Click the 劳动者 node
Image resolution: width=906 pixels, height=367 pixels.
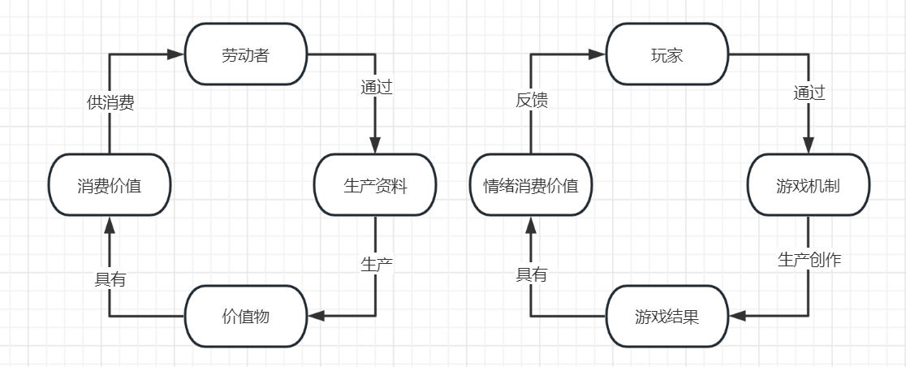click(245, 54)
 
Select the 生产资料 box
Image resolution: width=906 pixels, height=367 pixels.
click(375, 185)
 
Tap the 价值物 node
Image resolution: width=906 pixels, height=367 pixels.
click(245, 316)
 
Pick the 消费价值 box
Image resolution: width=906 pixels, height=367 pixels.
click(110, 185)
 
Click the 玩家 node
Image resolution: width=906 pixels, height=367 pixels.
click(667, 54)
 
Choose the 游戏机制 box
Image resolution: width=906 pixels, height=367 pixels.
click(808, 185)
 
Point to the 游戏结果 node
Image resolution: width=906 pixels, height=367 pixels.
click(667, 316)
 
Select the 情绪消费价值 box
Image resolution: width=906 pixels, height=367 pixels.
click(531, 185)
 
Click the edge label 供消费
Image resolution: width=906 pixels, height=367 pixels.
click(110, 103)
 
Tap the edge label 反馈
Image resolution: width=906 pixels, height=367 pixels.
click(532, 101)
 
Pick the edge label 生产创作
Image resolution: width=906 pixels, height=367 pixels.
click(809, 260)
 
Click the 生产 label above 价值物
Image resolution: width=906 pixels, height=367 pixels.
click(376, 264)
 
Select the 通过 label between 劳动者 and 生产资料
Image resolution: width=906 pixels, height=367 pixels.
click(376, 88)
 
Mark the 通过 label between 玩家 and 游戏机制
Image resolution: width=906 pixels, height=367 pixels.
click(809, 93)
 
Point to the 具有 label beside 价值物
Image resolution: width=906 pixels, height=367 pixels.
click(110, 279)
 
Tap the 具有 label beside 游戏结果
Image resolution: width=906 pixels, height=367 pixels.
click(532, 275)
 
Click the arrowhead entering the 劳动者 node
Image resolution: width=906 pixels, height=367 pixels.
click(176, 54)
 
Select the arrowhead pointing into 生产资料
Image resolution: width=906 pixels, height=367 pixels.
click(375, 146)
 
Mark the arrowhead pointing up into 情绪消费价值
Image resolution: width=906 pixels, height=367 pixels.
click(531, 223)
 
